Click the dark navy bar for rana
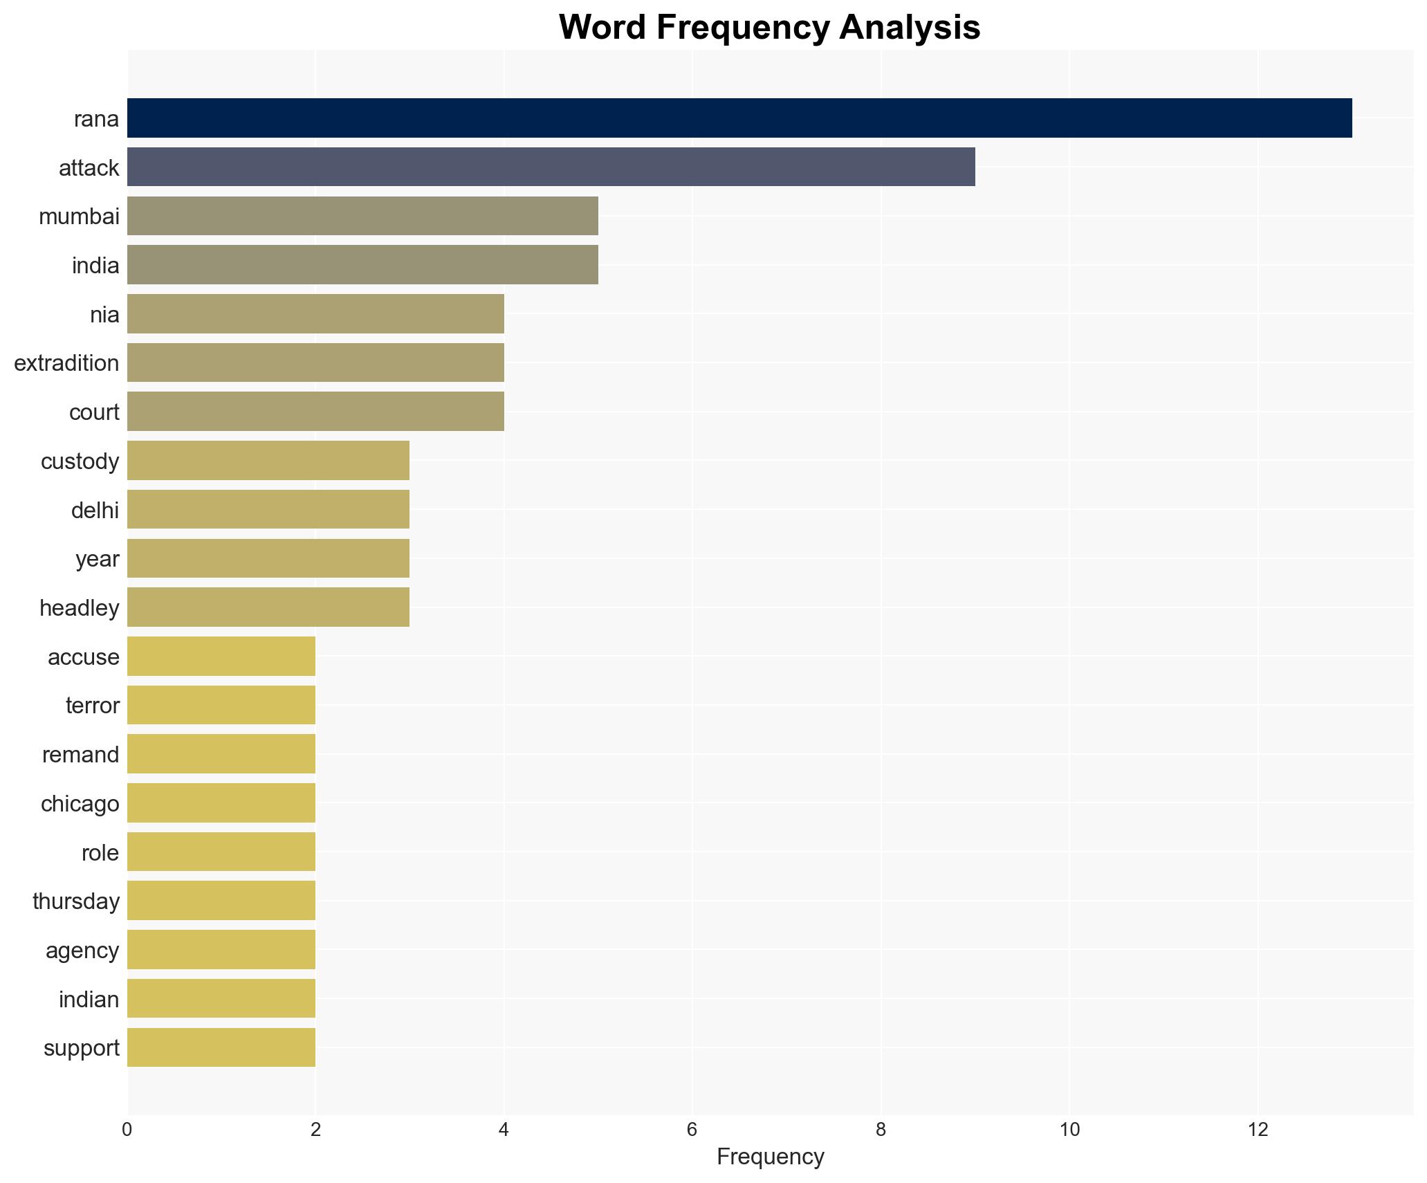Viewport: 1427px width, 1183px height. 739,118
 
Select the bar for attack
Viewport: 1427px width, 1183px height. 551,167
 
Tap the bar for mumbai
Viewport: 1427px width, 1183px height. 362,216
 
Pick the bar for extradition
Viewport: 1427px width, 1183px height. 315,363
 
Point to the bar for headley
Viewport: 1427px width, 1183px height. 268,607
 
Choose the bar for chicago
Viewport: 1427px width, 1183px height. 221,803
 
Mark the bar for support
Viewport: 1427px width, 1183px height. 221,1047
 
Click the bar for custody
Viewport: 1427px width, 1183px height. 268,461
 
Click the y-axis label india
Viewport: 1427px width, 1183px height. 95,266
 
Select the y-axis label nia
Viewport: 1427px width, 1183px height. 104,315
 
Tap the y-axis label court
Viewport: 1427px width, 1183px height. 94,412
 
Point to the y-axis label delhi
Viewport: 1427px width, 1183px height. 95,511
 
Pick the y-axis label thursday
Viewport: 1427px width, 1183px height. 76,901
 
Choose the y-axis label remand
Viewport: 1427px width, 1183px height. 80,755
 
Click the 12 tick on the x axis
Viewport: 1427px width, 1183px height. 1258,1130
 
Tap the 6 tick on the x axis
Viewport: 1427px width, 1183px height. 692,1130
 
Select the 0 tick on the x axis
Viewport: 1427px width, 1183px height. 127,1130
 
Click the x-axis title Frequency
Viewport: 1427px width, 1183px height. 770,1157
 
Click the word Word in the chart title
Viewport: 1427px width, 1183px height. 603,28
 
